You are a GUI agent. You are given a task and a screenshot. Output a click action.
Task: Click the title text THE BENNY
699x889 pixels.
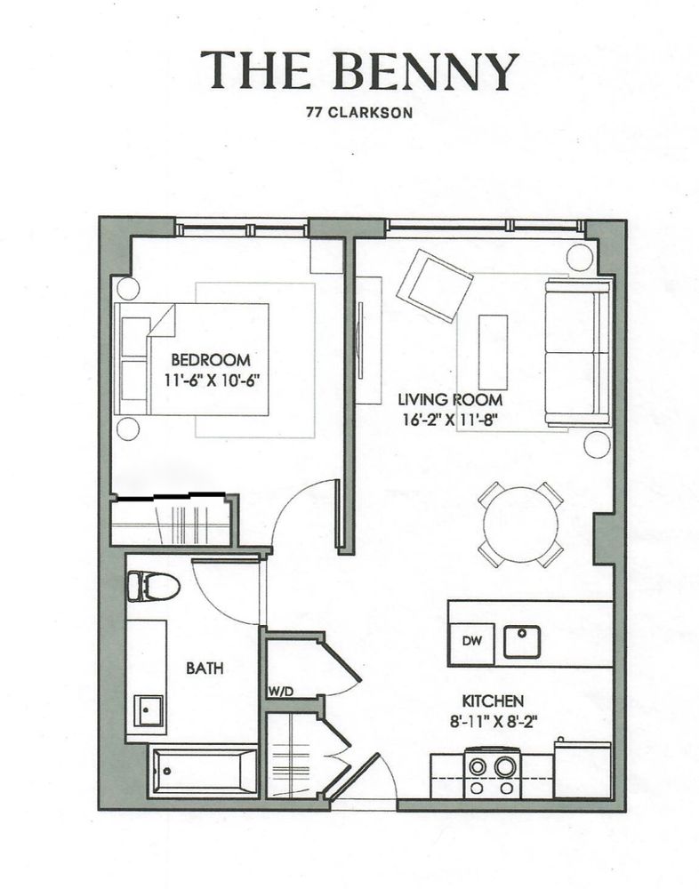coord(359,70)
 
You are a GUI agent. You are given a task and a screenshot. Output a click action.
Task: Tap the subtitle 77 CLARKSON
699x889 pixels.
coord(359,114)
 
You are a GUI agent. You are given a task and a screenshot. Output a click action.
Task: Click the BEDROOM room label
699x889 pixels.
coord(210,360)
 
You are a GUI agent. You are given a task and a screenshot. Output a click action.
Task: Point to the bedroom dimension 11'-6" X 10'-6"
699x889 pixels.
coord(216,380)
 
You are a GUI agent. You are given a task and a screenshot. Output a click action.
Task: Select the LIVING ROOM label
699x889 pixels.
coord(444,400)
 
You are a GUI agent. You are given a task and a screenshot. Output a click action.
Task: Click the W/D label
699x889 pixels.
coord(280,691)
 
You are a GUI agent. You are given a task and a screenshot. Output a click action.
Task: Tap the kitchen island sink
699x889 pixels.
coord(522,641)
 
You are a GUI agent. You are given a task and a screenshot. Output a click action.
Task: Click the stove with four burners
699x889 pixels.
coord(492,767)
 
